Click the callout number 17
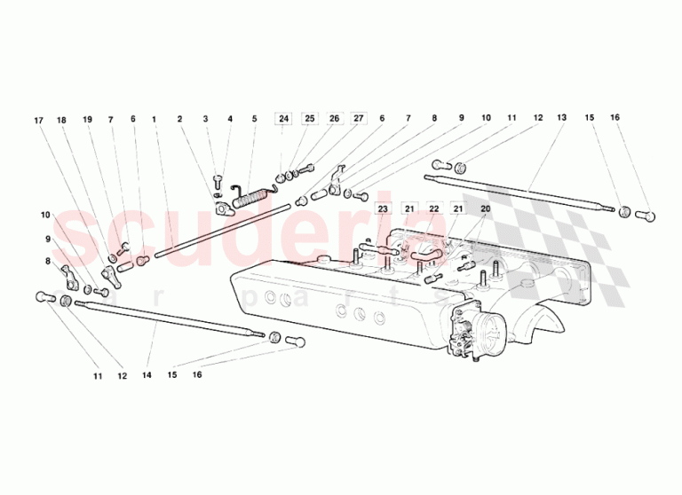pos(39,121)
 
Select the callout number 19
pos(87,120)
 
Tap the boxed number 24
pos(283,119)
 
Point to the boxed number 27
pos(359,118)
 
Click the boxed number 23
pos(383,209)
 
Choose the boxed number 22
pos(433,209)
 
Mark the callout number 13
pos(561,117)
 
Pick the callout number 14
pos(147,374)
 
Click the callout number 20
pos(486,208)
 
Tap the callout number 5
pos(255,119)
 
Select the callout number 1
pos(154,119)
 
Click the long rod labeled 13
pos(519,193)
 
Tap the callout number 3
pos(205,119)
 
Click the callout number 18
pos(61,120)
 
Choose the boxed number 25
pos(309,119)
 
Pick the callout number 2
pos(179,119)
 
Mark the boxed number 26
pos(334,118)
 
